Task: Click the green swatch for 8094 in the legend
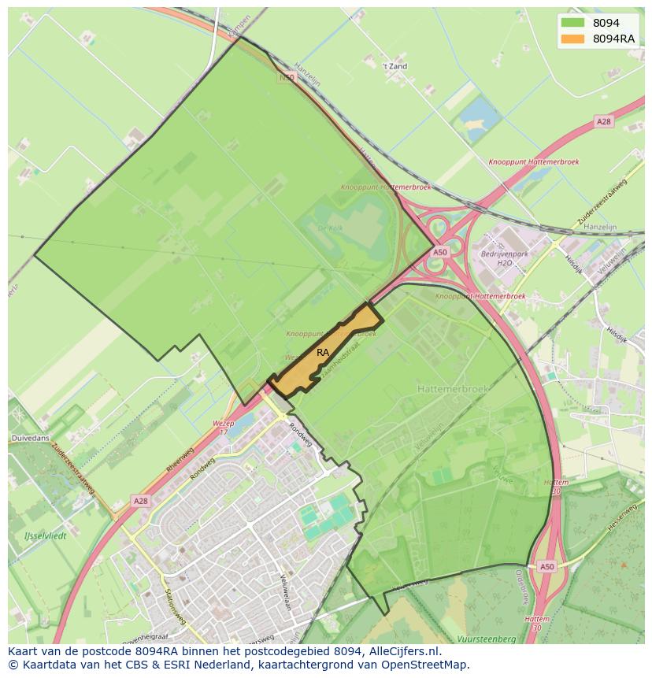(x=572, y=23)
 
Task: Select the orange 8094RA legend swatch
(x=572, y=39)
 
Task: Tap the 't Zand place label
(x=394, y=67)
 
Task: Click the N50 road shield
(x=286, y=78)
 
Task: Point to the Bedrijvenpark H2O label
(x=504, y=258)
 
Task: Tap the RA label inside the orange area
(x=323, y=353)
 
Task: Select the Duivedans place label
(x=29, y=437)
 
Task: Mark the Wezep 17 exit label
(x=224, y=427)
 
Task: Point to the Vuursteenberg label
(x=486, y=639)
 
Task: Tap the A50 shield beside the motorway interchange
(x=439, y=252)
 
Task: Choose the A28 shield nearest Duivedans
(x=140, y=501)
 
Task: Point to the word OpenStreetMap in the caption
(x=428, y=665)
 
